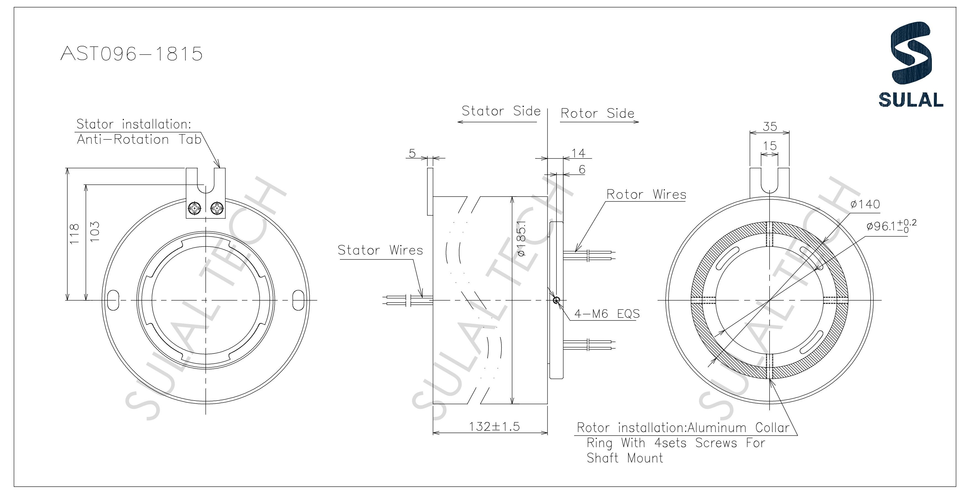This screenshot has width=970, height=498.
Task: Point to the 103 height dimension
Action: pos(95,231)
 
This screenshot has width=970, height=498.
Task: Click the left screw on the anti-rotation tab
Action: pos(195,208)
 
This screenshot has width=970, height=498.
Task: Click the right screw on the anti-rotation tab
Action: pos(218,208)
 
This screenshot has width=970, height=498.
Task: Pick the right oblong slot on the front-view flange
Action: pos(299,300)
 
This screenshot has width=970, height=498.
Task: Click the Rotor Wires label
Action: pos(646,194)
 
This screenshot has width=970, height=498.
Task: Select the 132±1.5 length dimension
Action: pos(494,427)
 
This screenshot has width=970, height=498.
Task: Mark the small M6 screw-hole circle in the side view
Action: pos(556,300)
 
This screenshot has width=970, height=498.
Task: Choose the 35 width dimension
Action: pos(770,126)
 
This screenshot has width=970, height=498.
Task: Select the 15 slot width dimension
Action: pos(770,146)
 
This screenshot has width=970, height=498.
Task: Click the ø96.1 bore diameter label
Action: pos(891,226)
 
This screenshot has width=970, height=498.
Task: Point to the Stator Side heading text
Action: pos(501,111)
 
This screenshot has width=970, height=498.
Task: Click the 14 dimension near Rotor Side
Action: pos(578,153)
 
